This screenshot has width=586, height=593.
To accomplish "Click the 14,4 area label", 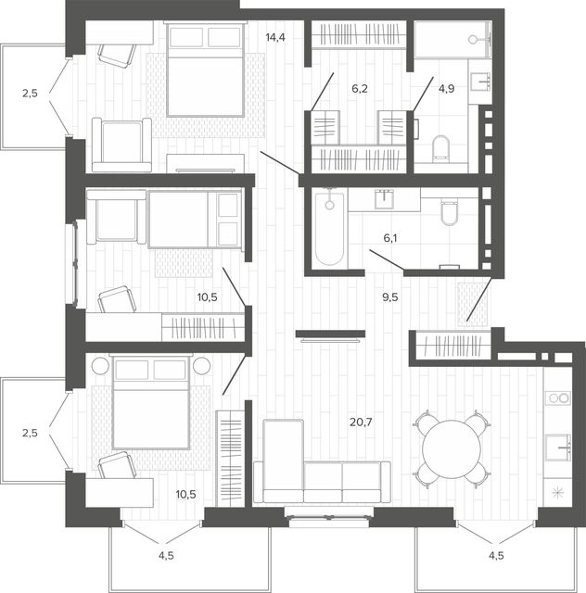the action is [275, 37].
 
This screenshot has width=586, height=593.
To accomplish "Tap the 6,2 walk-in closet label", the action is [360, 89].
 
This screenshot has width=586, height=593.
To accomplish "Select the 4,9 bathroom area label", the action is [446, 89].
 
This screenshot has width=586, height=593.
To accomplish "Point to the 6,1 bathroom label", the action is [390, 238].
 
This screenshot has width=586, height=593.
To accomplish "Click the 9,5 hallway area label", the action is [390, 297].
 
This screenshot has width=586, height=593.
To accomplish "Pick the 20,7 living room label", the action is [361, 423].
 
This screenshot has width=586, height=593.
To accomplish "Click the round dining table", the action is [452, 448].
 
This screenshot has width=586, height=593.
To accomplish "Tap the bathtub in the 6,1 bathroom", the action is [330, 228].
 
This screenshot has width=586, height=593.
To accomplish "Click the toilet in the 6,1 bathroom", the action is [450, 213].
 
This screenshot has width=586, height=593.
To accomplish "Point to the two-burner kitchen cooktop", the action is [558, 398].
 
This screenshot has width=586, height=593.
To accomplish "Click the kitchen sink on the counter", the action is [558, 448].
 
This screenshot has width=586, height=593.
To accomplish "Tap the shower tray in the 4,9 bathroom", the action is [452, 40].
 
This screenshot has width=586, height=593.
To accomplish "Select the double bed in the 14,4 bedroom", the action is [205, 69].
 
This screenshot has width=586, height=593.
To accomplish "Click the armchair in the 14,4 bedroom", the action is [121, 145].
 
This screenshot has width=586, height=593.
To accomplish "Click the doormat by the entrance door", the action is [472, 305].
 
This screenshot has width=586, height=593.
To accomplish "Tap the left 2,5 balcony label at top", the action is [30, 93].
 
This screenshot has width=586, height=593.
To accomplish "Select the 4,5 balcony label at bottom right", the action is [496, 556].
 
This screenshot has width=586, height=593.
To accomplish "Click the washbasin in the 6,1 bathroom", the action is [384, 199].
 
